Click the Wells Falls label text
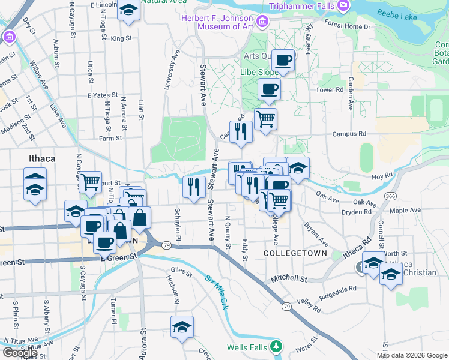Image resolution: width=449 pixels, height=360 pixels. pyautogui.click(x=247, y=347)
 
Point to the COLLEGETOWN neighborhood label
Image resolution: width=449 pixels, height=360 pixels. pyautogui.click(x=295, y=253)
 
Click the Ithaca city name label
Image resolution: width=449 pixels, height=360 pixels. pyautogui.click(x=41, y=158)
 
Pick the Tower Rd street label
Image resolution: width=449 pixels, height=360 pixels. pyautogui.click(x=329, y=90)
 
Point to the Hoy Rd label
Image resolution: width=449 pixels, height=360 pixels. pyautogui.click(x=382, y=176)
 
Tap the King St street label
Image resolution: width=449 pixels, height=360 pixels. pyautogui.click(x=121, y=38)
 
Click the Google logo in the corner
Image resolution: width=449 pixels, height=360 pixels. pyautogui.click(x=20, y=352)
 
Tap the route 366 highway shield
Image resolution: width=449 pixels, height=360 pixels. pyautogui.click(x=391, y=196)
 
